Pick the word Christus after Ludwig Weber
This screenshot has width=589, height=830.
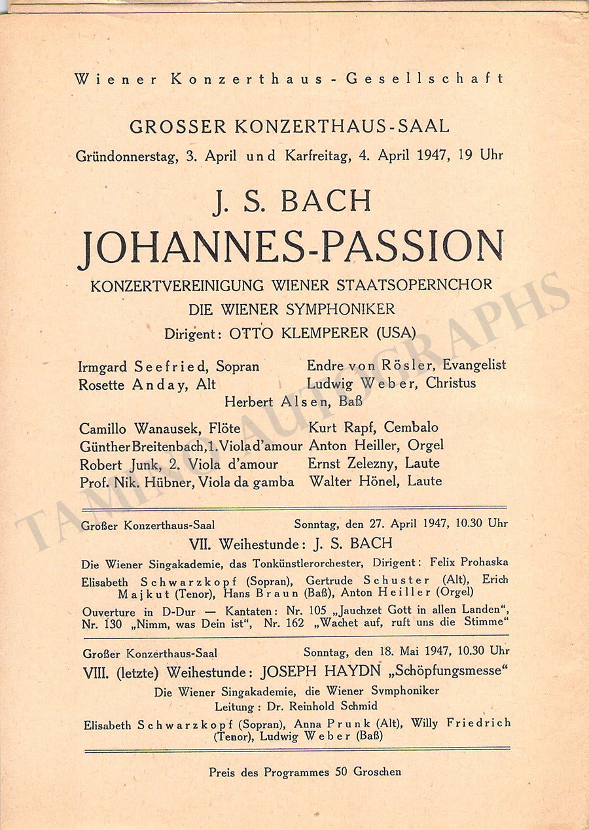[451, 383]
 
